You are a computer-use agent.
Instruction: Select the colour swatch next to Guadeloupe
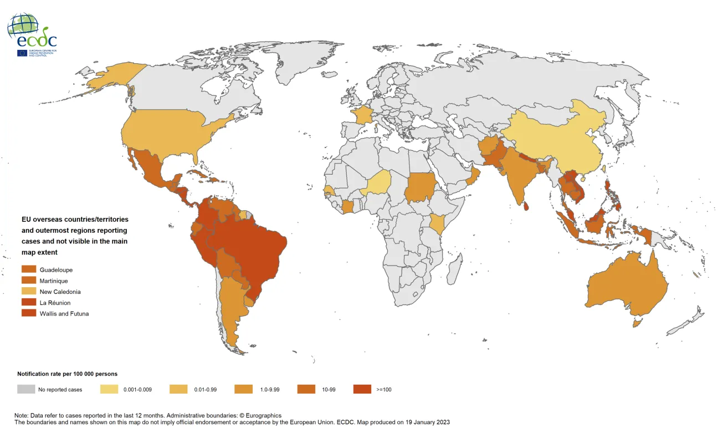click(x=29, y=270)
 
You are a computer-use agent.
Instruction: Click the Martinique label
click(x=54, y=281)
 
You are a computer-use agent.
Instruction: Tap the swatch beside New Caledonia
click(x=29, y=292)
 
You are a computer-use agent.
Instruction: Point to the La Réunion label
click(x=55, y=303)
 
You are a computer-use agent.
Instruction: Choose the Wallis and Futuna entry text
click(x=64, y=313)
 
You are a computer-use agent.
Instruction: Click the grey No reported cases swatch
click(x=25, y=389)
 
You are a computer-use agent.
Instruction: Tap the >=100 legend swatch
click(x=362, y=389)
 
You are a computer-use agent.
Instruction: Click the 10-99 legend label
click(x=329, y=389)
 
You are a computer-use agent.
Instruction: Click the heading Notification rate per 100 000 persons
click(x=67, y=374)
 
